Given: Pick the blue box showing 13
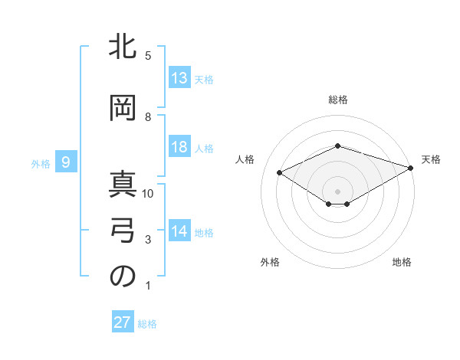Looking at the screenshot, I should click(179, 78).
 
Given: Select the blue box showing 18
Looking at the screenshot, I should click(179, 147).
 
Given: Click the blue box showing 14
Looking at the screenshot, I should click(179, 231).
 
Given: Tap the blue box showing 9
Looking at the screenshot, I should click(67, 162).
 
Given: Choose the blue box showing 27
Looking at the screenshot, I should click(123, 322).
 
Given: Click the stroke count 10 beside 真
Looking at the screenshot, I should click(149, 193).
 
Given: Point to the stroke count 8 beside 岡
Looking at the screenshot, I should click(149, 116).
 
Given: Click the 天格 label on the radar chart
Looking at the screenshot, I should click(431, 159).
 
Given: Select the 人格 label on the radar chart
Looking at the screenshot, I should click(245, 159).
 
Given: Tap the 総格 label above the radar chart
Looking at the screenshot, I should click(337, 100).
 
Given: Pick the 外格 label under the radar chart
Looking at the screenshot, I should click(270, 262).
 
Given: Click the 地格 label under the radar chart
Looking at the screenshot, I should click(402, 262).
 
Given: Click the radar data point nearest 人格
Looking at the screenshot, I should click(280, 172).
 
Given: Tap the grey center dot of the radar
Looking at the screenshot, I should click(337, 190).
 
